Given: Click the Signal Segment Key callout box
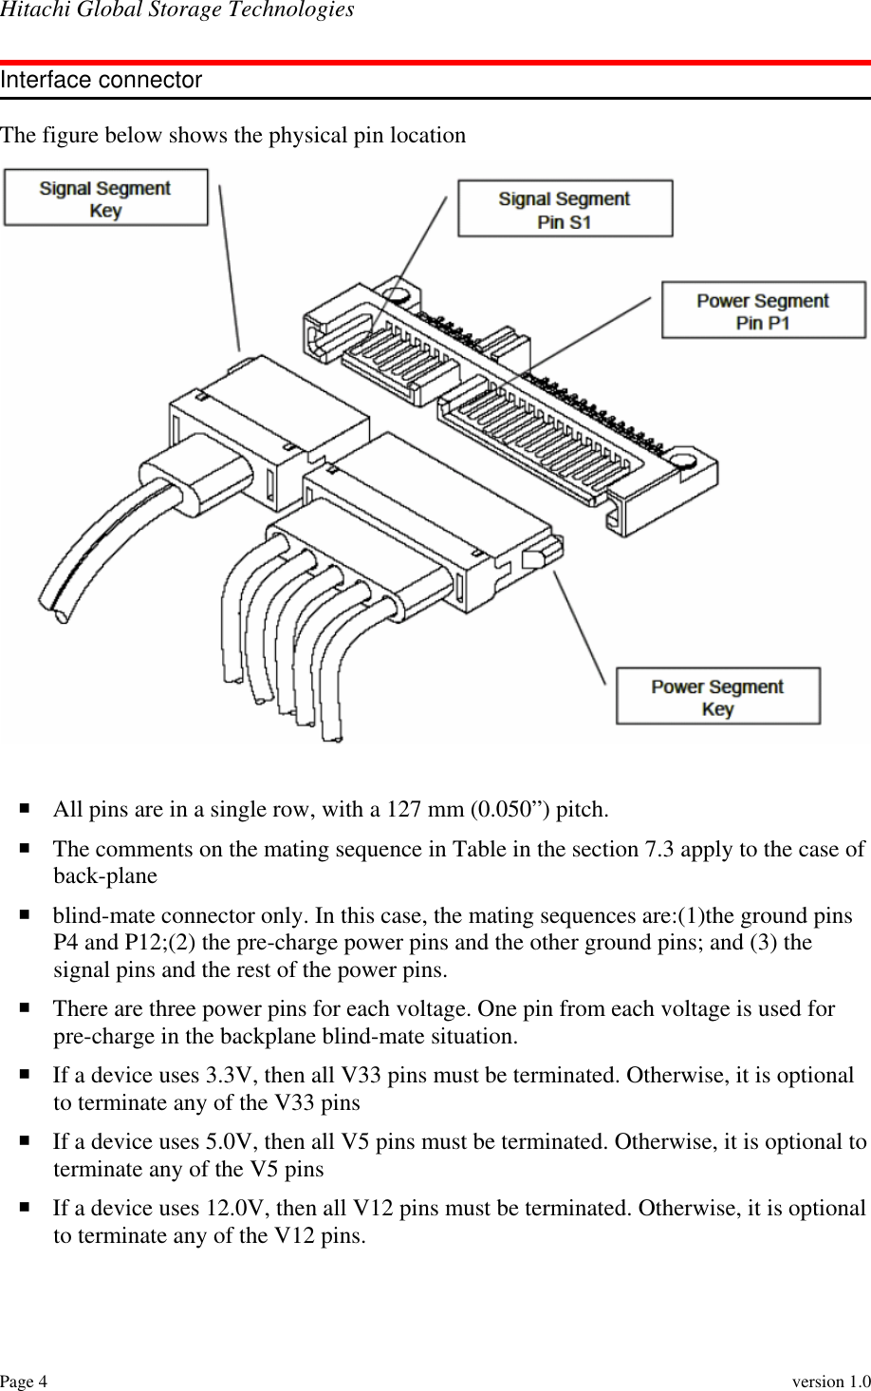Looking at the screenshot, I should coord(105,197).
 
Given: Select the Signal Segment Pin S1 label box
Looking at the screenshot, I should coord(565,209).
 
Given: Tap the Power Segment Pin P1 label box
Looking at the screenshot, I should coord(763,310).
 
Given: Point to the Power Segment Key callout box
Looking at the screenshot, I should coord(717,697).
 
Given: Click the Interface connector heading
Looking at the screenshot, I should coord(102,81).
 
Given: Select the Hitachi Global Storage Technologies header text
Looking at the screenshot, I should coord(177,10).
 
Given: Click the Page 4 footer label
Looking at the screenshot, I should coord(24,1381).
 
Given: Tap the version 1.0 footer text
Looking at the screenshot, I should coord(831,1381).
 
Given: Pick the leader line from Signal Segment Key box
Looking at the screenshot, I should coord(230,269).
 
